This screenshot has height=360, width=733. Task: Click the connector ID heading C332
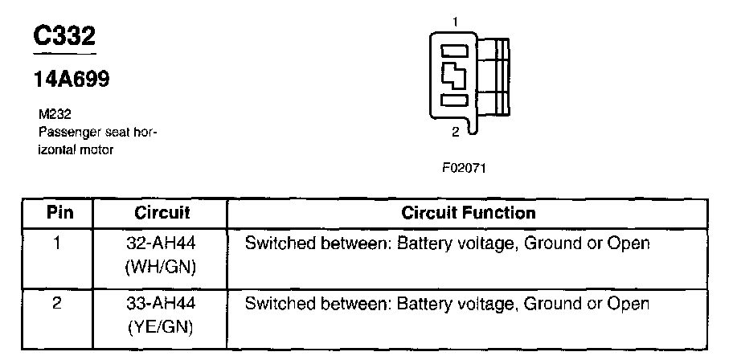[x=64, y=35]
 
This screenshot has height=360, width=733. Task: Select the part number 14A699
[x=72, y=79]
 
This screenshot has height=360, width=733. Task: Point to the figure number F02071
[x=465, y=168]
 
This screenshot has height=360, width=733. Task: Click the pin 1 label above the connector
[x=456, y=21]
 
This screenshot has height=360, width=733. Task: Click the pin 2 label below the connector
[x=456, y=132]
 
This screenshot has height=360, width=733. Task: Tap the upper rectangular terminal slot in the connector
[x=454, y=50]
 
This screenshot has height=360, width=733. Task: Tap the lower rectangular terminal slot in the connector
[x=454, y=100]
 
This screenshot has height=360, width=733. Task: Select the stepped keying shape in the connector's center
[x=453, y=76]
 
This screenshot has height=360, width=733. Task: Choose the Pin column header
[x=59, y=213]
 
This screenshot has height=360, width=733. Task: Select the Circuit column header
[x=162, y=213]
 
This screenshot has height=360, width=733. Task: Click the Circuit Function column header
[x=469, y=213]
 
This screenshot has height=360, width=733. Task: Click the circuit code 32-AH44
[x=161, y=243]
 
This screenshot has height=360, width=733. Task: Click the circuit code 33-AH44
[x=161, y=304]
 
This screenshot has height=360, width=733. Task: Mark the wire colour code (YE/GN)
[x=161, y=327]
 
